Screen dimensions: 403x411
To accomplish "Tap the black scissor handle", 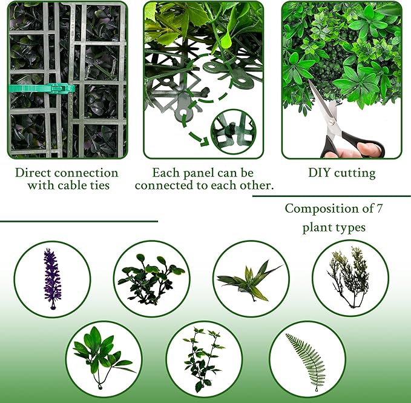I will pyautogui.click(x=369, y=148).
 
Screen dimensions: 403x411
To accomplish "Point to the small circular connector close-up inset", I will pyautogui.click(x=232, y=131).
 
